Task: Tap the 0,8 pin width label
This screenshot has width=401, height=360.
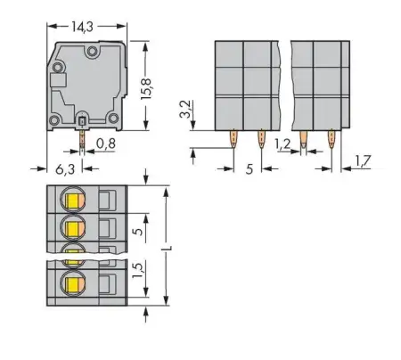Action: click(106, 142)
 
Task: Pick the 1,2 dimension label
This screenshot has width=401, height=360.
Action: click(282, 142)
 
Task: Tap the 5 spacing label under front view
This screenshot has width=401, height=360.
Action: click(248, 166)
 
